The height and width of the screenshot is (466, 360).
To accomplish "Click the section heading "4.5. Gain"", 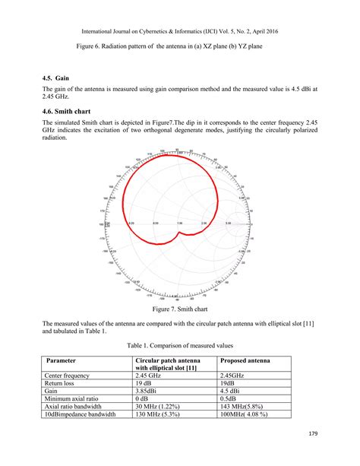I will pos(57,78).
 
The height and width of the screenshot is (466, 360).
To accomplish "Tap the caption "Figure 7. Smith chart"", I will pos(181,310).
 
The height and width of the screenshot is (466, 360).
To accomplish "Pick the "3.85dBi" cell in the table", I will pos(150,391).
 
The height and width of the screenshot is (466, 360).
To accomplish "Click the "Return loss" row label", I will pos(63,383).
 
